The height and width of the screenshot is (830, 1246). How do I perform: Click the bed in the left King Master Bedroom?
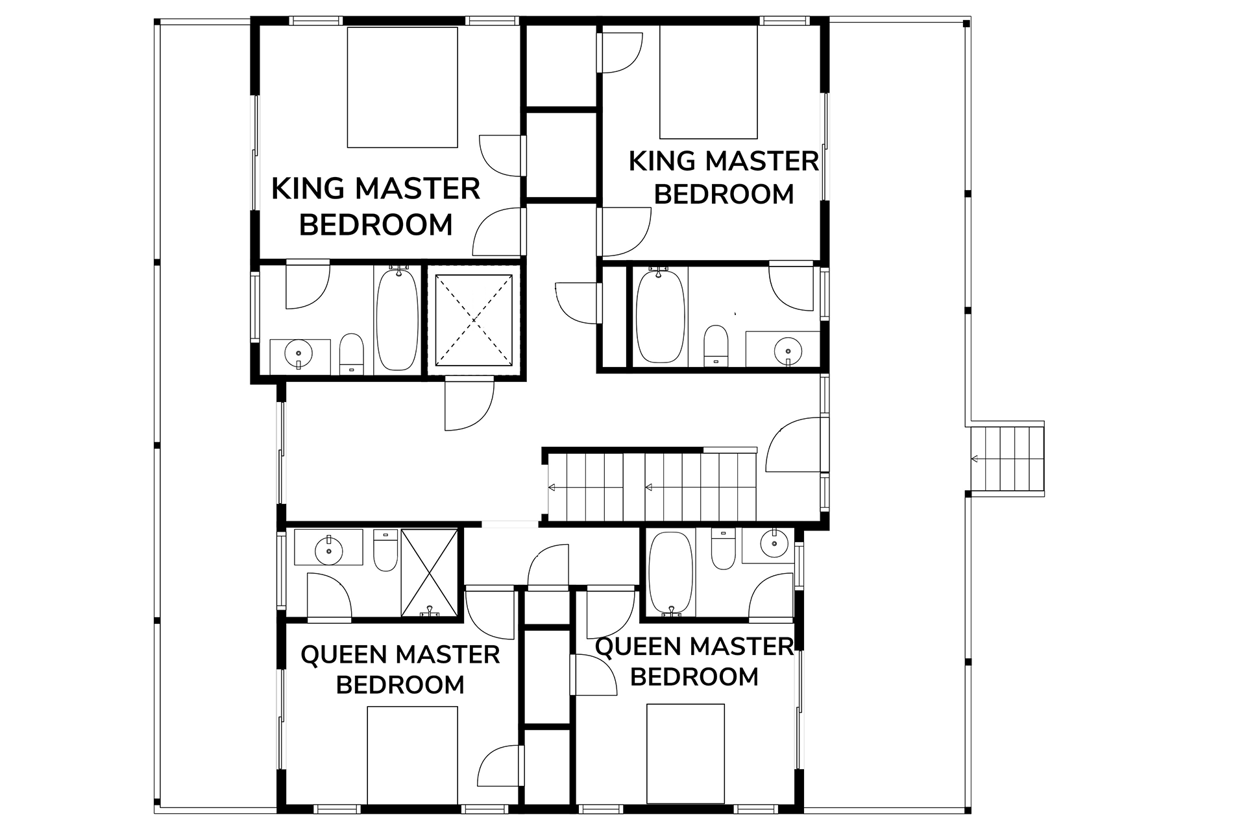[402, 87]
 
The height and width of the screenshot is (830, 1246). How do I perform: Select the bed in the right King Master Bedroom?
[709, 82]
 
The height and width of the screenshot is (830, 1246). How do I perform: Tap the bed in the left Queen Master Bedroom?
[412, 755]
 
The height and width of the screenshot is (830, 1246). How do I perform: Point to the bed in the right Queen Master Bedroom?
[685, 753]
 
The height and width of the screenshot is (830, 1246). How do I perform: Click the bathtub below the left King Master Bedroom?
[398, 319]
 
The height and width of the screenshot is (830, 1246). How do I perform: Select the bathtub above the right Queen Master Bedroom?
[671, 572]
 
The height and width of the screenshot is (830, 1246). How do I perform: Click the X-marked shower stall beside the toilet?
[429, 572]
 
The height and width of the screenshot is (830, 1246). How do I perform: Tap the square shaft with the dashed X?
[474, 319]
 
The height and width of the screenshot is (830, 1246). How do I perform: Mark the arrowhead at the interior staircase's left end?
[552, 488]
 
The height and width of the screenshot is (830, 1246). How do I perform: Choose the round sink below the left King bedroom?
[299, 353]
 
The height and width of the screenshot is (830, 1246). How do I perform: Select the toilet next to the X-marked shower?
[385, 551]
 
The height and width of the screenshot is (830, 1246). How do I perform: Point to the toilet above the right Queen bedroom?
[724, 549]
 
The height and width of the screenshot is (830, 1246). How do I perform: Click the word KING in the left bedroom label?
[308, 189]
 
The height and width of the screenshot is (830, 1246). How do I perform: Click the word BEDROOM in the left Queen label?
[400, 685]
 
